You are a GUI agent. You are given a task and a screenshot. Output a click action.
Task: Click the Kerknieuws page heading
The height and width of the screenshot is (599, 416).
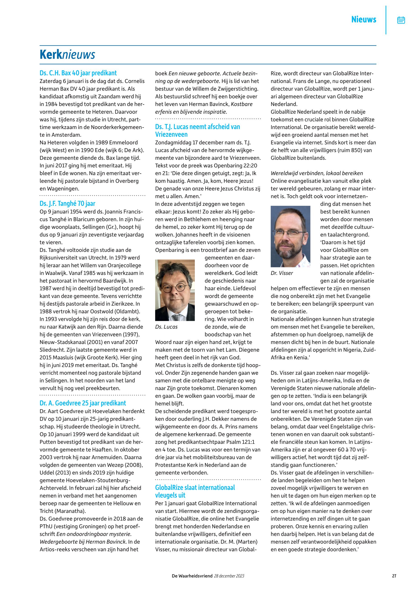click(x=67, y=55)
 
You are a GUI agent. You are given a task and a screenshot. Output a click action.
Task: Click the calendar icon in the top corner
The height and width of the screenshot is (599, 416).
click(x=401, y=20)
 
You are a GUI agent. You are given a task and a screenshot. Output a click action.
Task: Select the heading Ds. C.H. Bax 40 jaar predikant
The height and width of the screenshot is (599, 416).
click(x=78, y=73)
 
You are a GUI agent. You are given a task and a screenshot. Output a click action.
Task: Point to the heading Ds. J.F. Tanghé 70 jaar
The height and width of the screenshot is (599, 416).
click(x=67, y=203)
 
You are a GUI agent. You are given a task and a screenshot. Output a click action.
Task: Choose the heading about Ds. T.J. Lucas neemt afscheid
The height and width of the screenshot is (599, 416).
click(x=197, y=130)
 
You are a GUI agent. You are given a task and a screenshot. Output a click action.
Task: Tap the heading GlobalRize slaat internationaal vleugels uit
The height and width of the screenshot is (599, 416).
click(x=195, y=491)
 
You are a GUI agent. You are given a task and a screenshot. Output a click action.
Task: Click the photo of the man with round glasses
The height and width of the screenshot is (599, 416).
click(x=175, y=290)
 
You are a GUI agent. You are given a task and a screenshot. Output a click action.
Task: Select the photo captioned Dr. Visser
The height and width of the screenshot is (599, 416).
click(x=290, y=236)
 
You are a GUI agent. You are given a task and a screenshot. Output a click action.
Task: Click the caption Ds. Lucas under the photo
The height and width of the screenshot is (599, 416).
click(x=166, y=327)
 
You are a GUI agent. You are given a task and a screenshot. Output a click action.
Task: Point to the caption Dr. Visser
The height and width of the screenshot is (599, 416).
click(x=282, y=273)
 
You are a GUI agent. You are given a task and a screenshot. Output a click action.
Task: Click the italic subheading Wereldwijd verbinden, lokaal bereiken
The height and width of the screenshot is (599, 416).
click(x=317, y=173)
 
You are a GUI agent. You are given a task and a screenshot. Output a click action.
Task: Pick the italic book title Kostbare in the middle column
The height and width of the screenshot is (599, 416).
click(x=242, y=104)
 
